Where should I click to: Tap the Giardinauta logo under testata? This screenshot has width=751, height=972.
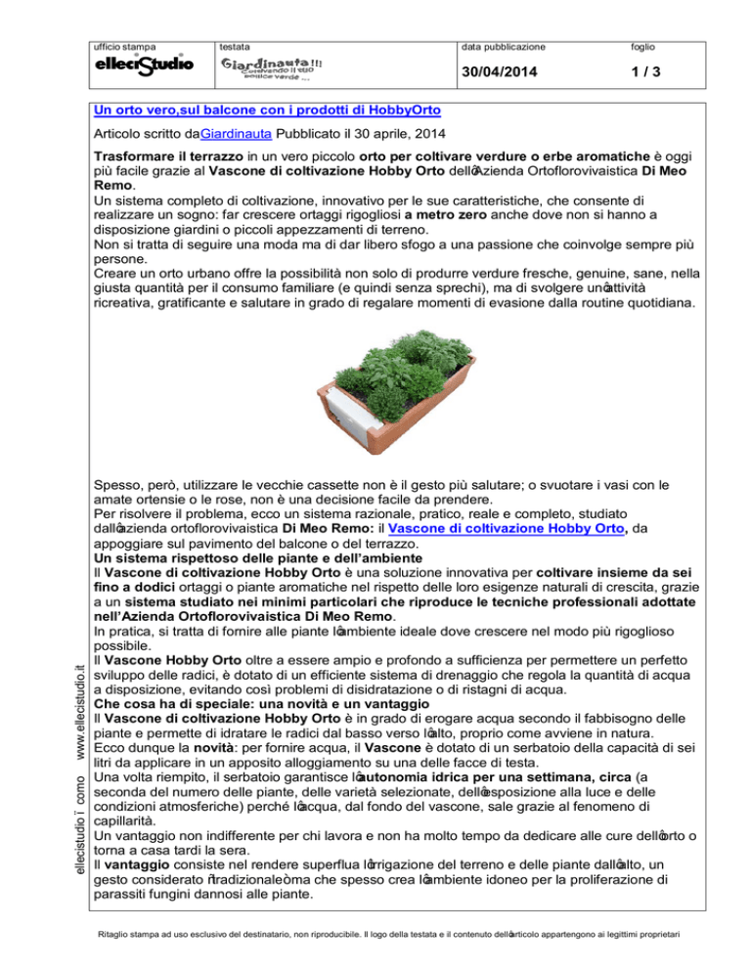coord(272,69)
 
